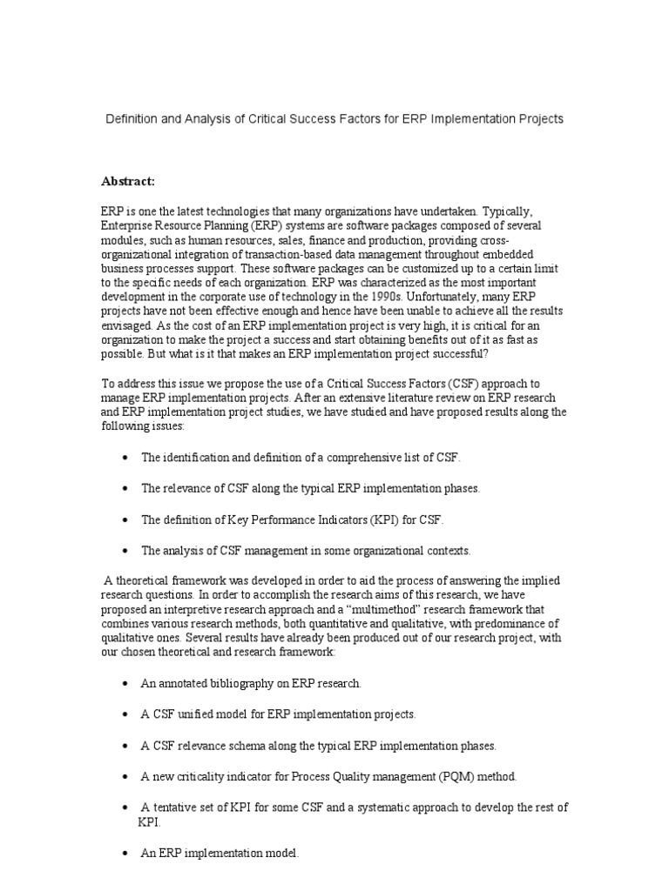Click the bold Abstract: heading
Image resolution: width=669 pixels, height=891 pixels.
pyautogui.click(x=128, y=181)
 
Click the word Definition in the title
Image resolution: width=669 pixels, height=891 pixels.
pyautogui.click(x=133, y=118)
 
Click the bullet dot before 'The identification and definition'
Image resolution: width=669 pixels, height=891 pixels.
pyautogui.click(x=127, y=458)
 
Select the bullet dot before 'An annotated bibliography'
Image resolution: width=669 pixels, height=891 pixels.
pyautogui.click(x=127, y=684)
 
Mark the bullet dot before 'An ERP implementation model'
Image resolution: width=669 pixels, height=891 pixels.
pyautogui.click(x=127, y=854)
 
